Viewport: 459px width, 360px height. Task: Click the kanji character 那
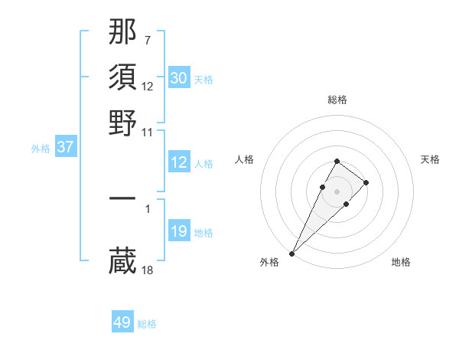pos(123,31)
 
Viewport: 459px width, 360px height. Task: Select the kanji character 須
pos(123,77)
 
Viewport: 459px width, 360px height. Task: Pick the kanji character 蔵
pos(123,261)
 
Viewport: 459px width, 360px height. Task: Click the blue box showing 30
pos(178,78)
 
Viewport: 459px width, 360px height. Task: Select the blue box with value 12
pos(178,162)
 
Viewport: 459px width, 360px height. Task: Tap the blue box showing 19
pos(178,231)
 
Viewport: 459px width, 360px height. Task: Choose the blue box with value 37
pos(65,147)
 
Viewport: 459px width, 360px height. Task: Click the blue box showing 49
pos(122,322)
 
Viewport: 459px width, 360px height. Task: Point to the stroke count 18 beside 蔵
pos(148,270)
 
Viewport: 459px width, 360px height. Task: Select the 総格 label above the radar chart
pos(337,100)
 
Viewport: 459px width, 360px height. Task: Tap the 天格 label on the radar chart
pos(430,159)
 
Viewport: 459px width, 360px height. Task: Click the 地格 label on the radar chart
pos(401,263)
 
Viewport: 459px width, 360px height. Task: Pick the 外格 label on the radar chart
pos(269,263)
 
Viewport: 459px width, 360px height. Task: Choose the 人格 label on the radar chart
pos(244,159)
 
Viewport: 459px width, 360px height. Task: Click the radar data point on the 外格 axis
pos(292,253)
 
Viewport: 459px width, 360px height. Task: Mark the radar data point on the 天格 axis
pos(366,182)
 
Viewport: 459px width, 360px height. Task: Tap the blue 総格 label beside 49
pos(147,324)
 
